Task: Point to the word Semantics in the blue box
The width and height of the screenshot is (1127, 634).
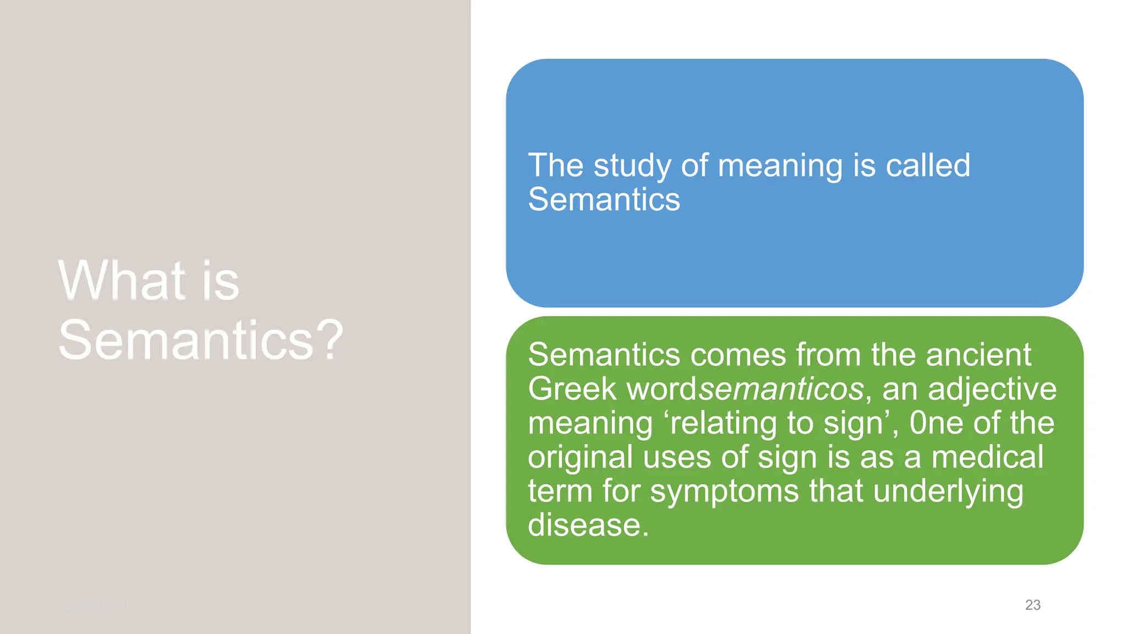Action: point(604,199)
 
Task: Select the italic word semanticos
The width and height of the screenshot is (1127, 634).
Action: point(781,389)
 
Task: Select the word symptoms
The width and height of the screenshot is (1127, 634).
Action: point(724,491)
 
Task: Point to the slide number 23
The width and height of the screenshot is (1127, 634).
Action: point(1032,605)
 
